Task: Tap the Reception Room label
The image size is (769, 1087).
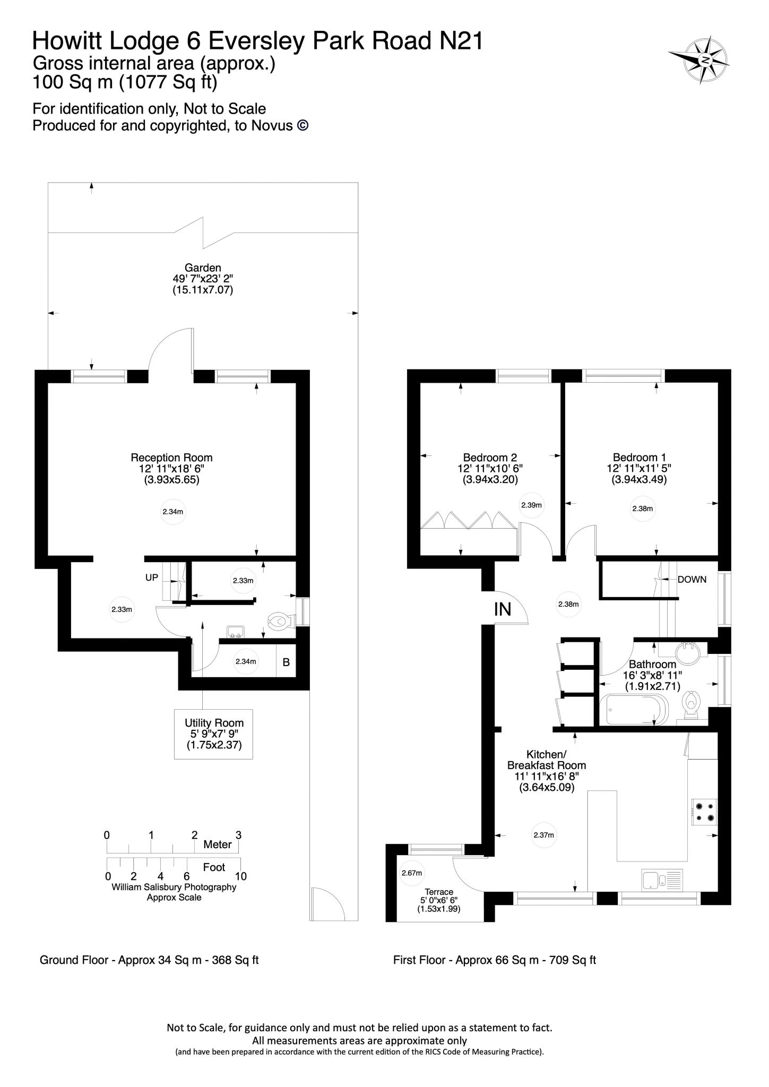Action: pos(171,458)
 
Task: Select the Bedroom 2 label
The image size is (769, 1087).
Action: pos(490,458)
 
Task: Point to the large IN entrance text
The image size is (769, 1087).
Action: pos(503,609)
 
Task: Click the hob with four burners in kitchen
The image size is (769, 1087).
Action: pos(705,812)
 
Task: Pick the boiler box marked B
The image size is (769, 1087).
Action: pos(286,662)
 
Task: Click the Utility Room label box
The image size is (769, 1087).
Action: pos(214,734)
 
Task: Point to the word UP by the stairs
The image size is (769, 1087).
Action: pos(152,577)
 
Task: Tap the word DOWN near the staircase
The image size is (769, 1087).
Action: pos(692,580)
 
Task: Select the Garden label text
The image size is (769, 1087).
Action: pos(203,268)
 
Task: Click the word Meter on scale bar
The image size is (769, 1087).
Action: pos(218,844)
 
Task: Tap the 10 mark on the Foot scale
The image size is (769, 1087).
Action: pos(241,876)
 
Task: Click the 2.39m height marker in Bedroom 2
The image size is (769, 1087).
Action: pos(531,505)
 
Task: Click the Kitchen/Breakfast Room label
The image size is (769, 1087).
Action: pos(547,760)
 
